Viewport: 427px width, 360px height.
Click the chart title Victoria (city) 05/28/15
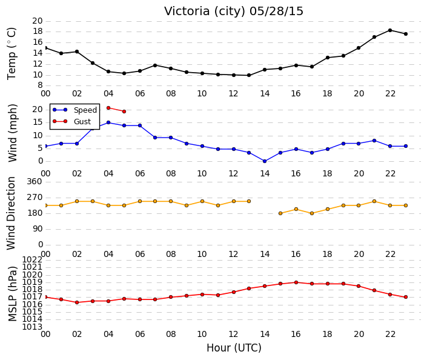click(233, 12)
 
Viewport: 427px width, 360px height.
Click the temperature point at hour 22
click(390, 30)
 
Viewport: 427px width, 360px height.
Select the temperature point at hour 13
click(249, 75)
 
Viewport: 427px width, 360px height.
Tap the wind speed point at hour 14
click(265, 161)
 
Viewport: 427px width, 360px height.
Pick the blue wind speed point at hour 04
click(108, 122)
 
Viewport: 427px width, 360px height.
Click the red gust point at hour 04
click(108, 108)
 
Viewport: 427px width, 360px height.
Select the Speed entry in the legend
click(75, 110)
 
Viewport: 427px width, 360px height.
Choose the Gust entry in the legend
click(71, 121)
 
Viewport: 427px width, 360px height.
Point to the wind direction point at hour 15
click(280, 213)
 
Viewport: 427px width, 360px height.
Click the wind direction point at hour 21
click(374, 201)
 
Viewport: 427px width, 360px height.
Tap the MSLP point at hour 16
click(296, 282)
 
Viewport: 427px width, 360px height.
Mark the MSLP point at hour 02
click(77, 302)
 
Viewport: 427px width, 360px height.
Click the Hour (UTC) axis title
click(234, 348)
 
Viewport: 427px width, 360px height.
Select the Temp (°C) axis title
click(12, 54)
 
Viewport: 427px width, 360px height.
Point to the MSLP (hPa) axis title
click(13, 294)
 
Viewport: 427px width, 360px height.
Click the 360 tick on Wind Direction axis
click(35, 181)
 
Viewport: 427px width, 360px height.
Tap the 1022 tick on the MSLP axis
click(32, 259)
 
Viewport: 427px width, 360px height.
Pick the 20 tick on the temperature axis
click(38, 21)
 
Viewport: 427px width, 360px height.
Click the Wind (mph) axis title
click(13, 133)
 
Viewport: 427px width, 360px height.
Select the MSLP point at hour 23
click(406, 297)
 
